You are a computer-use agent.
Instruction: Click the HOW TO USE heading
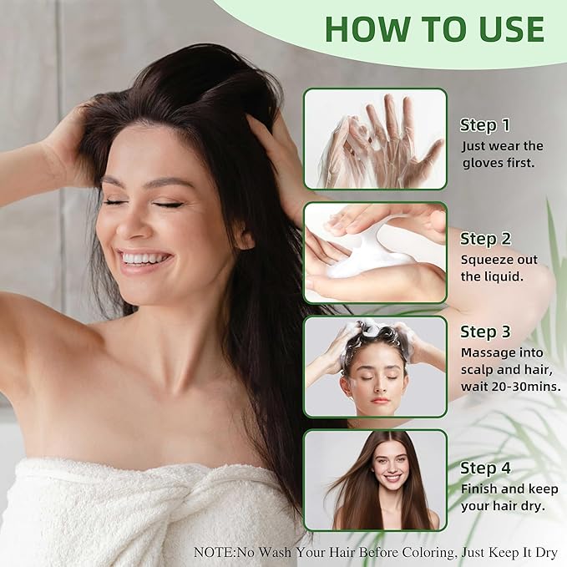coord(434,28)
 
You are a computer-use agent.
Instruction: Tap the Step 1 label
coord(484,125)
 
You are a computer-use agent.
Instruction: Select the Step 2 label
coord(485,239)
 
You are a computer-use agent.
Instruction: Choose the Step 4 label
coord(485,468)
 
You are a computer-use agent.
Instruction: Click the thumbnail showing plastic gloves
coord(375,139)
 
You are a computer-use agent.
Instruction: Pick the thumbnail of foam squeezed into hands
coord(375,252)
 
